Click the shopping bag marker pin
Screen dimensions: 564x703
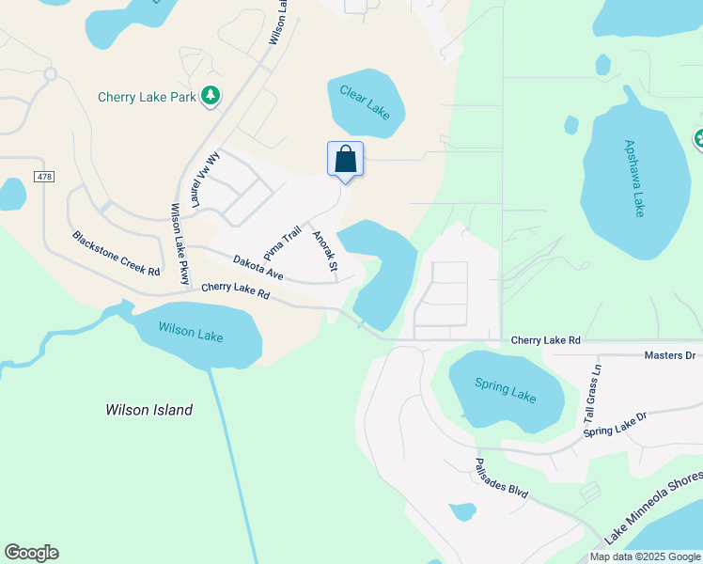tap(345, 159)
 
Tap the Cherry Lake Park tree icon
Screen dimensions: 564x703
tap(212, 95)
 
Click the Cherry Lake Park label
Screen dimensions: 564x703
tap(147, 97)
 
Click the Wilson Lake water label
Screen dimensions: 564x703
tap(191, 332)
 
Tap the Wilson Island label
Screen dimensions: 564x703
tap(149, 410)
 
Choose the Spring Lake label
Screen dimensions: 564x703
tap(505, 390)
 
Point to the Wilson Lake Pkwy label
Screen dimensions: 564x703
tap(179, 243)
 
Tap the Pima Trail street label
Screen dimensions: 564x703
tap(282, 243)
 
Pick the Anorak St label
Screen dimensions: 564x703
tap(325, 252)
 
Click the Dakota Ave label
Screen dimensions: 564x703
tap(258, 267)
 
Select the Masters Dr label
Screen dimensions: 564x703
tap(669, 355)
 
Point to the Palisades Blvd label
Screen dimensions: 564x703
tap(501, 478)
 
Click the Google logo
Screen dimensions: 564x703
tap(31, 553)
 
